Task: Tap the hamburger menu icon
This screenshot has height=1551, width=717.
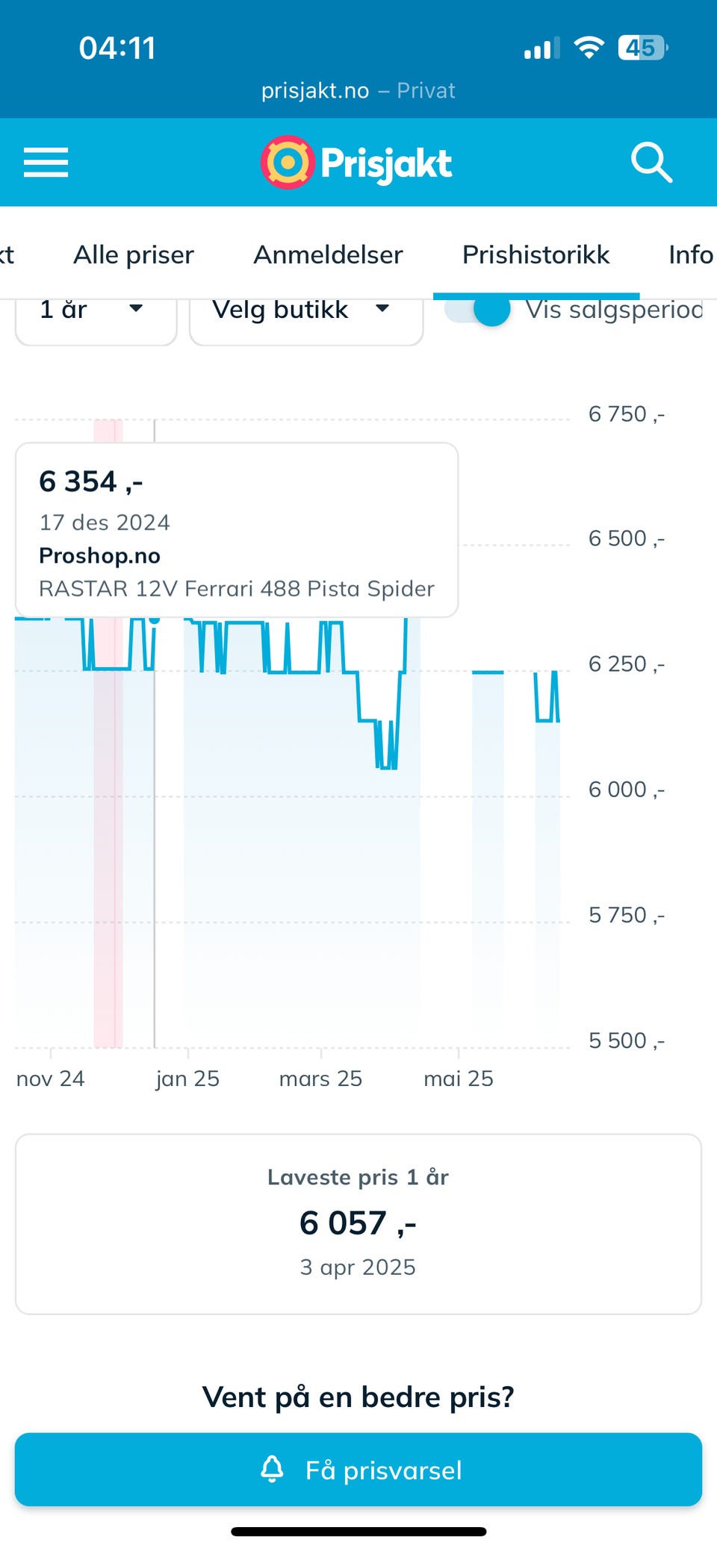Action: point(46,162)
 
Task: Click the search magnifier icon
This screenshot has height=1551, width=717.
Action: point(651,162)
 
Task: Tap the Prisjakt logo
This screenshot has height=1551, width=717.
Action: point(357,163)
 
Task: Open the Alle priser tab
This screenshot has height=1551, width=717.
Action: point(134,255)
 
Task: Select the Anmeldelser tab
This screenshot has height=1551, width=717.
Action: point(328,255)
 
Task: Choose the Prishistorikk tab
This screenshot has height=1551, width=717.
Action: point(536,255)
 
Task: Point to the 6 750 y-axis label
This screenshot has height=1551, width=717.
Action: point(626,414)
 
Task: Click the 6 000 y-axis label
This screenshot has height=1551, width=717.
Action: point(626,790)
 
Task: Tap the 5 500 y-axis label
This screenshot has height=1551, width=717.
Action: point(626,1040)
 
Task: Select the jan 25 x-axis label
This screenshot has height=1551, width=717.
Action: point(187,1079)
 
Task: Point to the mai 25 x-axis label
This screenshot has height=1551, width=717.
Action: point(458,1079)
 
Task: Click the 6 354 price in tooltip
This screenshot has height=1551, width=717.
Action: point(90,482)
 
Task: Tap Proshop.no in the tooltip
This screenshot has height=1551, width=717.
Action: point(99,556)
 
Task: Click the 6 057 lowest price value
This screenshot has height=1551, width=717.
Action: point(358,1223)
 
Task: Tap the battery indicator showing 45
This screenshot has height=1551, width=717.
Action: point(642,49)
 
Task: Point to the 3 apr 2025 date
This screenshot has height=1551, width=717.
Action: point(358,1267)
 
